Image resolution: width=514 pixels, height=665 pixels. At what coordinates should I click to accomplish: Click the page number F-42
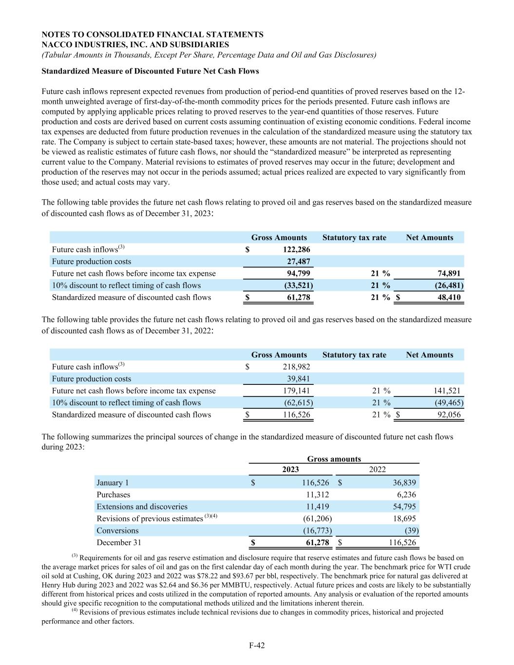[x=257, y=646]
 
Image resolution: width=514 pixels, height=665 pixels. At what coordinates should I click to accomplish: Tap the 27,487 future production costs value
[x=298, y=262]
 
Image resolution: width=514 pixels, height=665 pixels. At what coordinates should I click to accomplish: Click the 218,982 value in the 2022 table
[x=296, y=367]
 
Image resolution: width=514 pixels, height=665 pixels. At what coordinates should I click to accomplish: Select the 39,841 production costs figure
[x=298, y=379]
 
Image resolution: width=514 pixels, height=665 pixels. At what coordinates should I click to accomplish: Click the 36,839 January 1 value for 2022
[x=404, y=483]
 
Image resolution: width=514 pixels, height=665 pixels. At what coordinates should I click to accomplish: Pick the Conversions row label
[x=117, y=531]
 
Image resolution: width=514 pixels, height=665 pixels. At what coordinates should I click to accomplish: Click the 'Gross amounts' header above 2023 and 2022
[x=334, y=459]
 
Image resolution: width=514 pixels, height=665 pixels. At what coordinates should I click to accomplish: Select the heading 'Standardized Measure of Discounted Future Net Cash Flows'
[x=150, y=71]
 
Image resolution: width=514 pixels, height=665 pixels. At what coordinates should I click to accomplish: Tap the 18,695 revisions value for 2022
[x=404, y=518]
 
